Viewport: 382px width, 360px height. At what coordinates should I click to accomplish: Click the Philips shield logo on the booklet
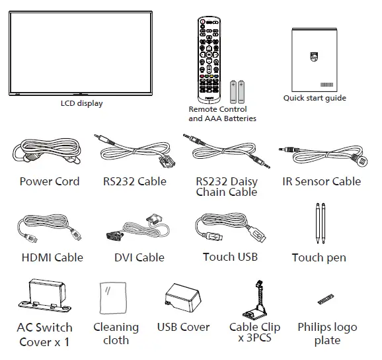[x=314, y=58]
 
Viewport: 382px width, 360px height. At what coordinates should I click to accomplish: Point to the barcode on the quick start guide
[x=327, y=85]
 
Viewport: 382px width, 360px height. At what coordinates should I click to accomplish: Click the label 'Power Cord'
[x=50, y=182]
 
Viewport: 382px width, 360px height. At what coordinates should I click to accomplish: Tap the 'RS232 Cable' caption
[x=135, y=182]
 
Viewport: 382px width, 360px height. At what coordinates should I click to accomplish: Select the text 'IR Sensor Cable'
[x=322, y=182]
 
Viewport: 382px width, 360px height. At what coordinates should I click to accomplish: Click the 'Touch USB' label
[x=230, y=257]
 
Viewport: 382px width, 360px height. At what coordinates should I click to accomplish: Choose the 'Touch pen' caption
[x=319, y=257]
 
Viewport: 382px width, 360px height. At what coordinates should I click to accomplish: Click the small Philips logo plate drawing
[x=324, y=299]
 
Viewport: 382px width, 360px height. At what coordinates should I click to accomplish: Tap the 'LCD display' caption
[x=82, y=104]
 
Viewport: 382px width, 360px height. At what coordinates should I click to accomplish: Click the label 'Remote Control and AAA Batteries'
[x=218, y=114]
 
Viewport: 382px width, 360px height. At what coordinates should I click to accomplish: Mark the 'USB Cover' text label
[x=183, y=328]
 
